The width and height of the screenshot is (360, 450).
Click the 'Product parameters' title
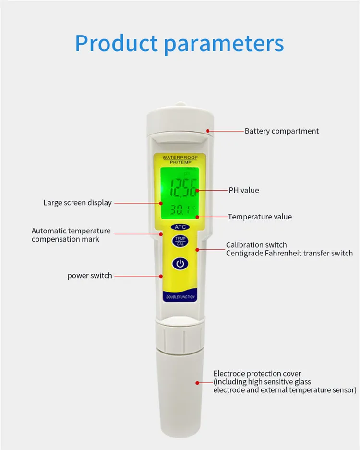(180, 44)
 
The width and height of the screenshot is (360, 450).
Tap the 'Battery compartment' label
(281, 131)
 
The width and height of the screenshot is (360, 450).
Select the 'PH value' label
(243, 190)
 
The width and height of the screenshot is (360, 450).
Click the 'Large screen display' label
(77, 203)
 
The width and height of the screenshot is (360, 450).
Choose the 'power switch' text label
(90, 276)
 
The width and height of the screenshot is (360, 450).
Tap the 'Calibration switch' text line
(256, 245)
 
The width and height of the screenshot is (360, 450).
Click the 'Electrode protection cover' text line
(257, 373)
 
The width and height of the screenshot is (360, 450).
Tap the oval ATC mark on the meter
(180, 227)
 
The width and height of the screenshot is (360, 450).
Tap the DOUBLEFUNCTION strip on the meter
(180, 297)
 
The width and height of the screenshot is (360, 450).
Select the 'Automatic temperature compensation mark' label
(71, 235)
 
